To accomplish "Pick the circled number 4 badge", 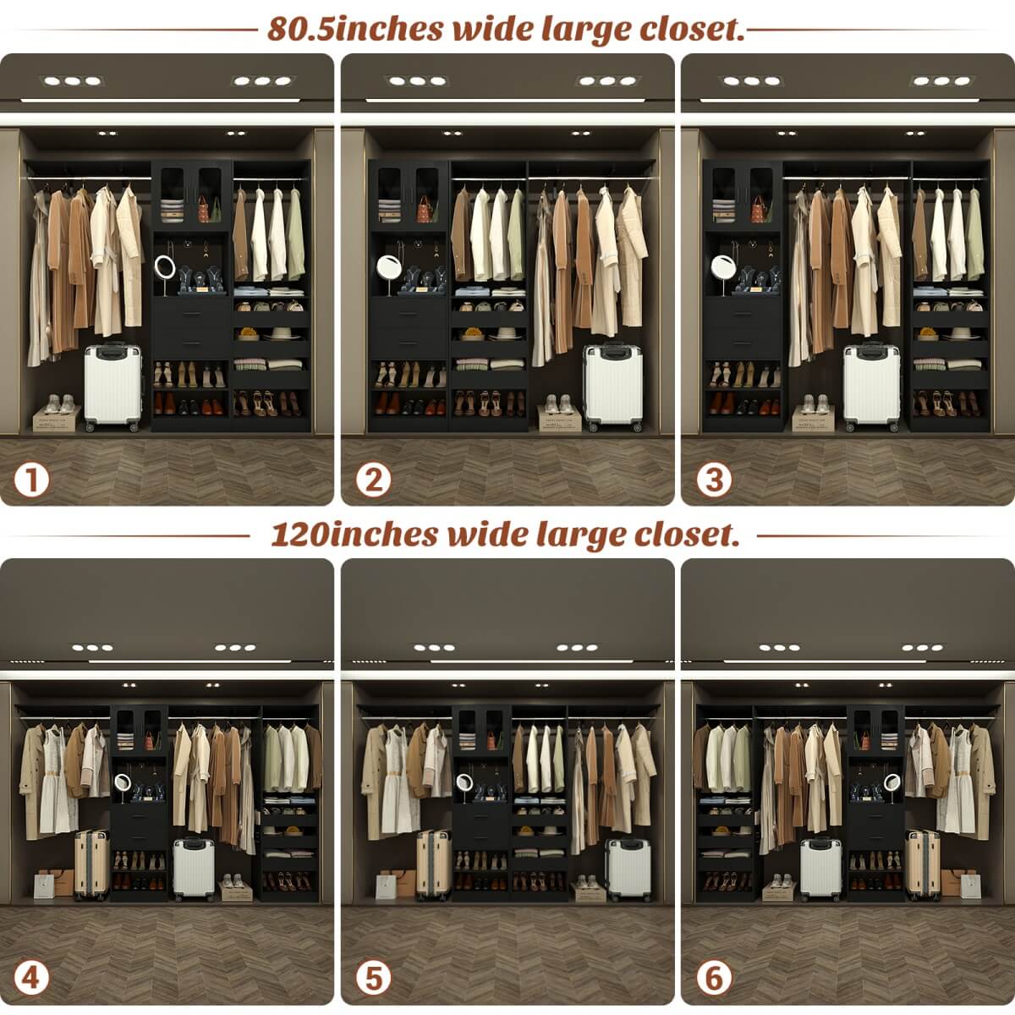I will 32,979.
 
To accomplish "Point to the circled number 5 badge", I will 372,979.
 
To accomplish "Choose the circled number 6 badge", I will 713,979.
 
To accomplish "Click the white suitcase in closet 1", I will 112,387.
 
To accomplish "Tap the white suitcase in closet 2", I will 612,387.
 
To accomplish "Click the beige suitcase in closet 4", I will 91,864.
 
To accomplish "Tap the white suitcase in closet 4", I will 194,869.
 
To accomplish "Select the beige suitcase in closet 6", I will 923,864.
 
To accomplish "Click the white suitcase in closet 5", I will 628,870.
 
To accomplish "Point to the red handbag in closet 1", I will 204,208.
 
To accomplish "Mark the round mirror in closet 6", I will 890,785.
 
